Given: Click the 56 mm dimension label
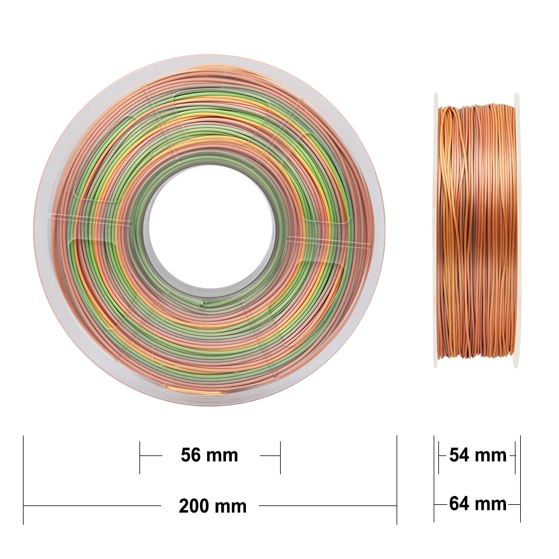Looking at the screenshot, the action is click(x=209, y=455).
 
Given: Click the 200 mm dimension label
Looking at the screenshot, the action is click(x=212, y=506).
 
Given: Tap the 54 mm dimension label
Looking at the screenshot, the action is click(x=478, y=455).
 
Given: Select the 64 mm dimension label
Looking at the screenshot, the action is click(x=478, y=504).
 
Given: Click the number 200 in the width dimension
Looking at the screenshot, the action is click(x=195, y=506).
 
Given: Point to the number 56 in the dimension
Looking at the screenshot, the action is click(x=191, y=455).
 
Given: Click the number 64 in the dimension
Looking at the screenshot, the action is click(x=459, y=504).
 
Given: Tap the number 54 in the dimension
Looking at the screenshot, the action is click(x=459, y=455).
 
